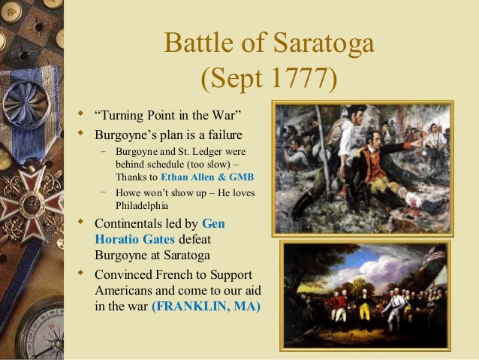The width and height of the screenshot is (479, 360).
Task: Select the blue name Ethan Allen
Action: coord(185,178)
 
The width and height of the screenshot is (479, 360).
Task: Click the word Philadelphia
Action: coord(143,207)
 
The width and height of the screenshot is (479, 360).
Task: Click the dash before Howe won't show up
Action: coord(104,192)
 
